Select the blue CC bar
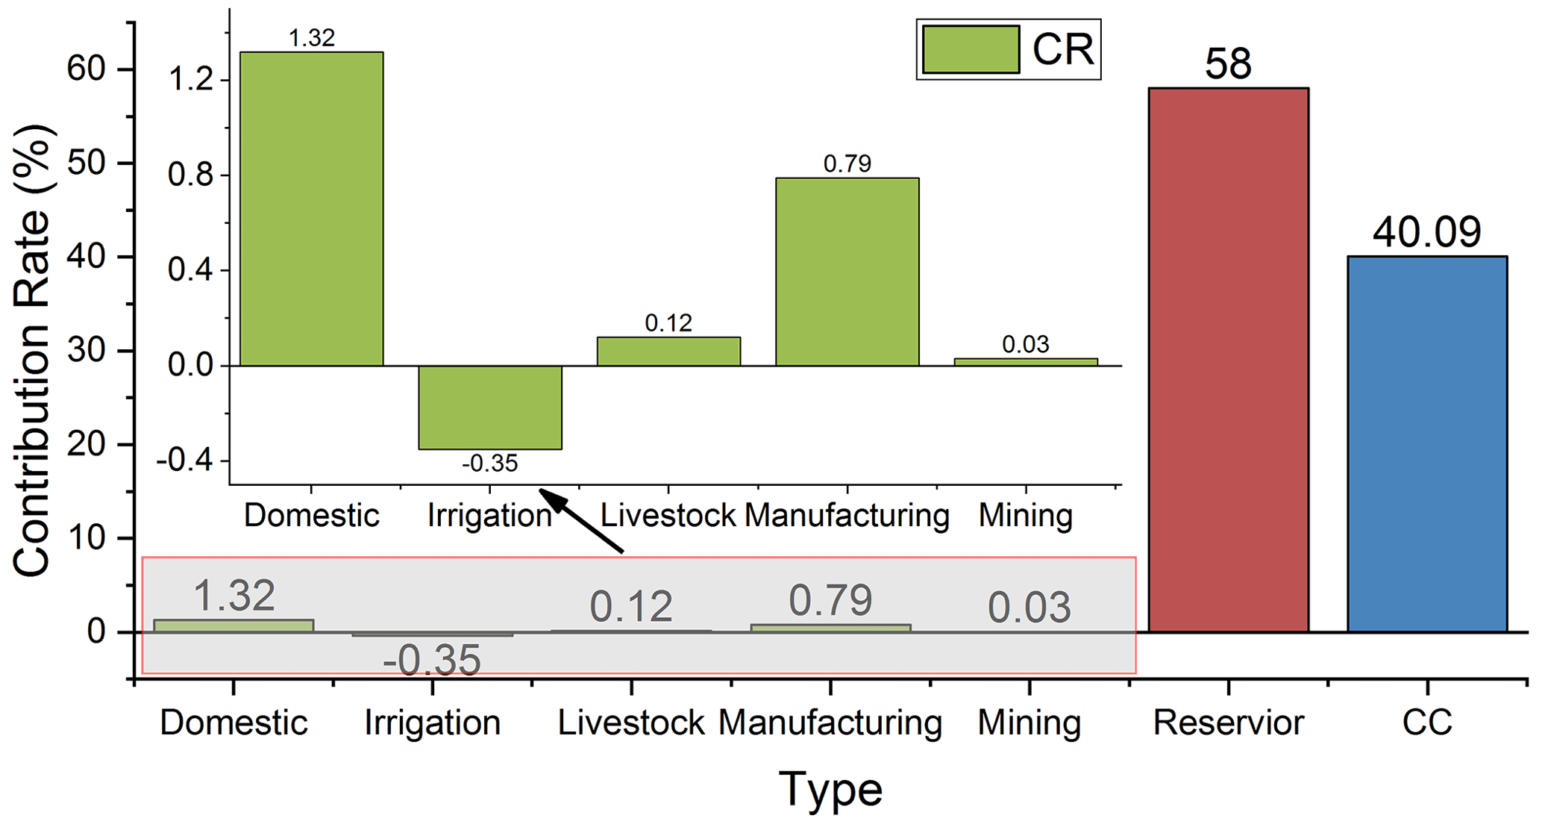[x=1426, y=444]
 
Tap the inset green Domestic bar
[x=311, y=209]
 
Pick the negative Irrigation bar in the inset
[x=489, y=407]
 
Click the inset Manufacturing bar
[x=847, y=272]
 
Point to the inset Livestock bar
[x=668, y=351]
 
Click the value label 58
[x=1228, y=64]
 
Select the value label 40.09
[x=1426, y=232]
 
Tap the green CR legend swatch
[x=971, y=49]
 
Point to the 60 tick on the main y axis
[x=87, y=69]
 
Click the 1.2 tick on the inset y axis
[x=191, y=79]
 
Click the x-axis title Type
[x=830, y=789]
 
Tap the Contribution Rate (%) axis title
[x=31, y=351]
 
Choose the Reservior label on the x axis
[x=1228, y=722]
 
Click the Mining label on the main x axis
[x=1029, y=722]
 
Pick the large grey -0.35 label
[x=432, y=661]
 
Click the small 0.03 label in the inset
[x=1025, y=344]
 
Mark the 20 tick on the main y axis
[x=87, y=445]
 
